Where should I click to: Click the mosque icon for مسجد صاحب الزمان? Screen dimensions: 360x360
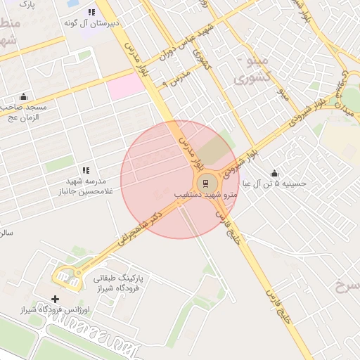[25, 96]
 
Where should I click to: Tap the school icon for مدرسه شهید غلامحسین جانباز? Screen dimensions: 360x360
[86, 170]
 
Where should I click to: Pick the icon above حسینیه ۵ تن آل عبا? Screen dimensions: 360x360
[274, 173]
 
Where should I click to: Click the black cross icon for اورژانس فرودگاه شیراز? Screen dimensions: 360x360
[56, 299]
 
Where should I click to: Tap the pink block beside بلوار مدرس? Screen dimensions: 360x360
[125, 87]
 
